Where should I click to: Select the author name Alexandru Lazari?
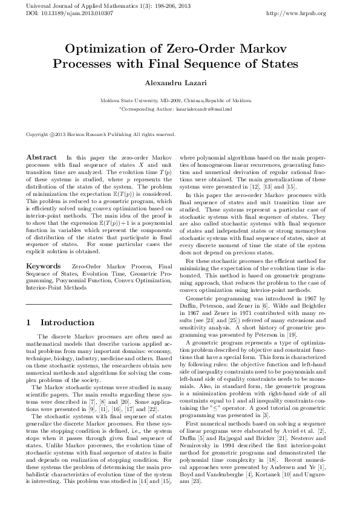180,81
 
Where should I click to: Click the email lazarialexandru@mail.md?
210,109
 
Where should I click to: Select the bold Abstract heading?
41,157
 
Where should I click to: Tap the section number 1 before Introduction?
29,323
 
